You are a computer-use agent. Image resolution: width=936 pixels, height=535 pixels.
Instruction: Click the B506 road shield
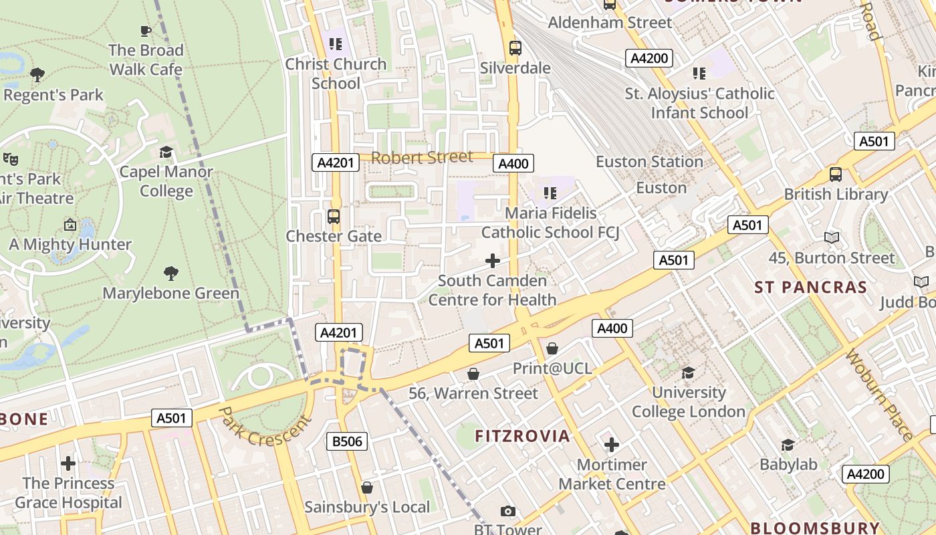point(347,441)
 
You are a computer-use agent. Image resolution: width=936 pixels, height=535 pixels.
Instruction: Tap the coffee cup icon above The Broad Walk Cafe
point(145,31)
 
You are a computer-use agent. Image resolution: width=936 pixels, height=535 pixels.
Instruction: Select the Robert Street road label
point(422,158)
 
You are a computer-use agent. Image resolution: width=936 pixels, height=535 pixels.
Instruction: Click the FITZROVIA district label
point(522,436)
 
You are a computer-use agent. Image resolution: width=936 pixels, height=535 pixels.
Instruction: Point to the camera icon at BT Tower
point(508,512)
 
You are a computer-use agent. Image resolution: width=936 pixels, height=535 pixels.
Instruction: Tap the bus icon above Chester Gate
point(333,217)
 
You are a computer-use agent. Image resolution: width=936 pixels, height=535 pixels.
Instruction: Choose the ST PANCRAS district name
point(810,288)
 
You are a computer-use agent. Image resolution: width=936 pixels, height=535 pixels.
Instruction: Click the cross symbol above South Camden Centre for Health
point(493,261)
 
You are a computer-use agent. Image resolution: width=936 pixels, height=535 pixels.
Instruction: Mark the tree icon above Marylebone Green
point(171,273)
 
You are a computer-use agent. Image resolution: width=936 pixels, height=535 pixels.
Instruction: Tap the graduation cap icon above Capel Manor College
point(166,152)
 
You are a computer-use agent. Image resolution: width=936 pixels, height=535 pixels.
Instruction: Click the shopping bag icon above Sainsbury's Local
point(366,488)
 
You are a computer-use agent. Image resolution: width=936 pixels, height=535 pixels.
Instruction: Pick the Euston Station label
point(649,162)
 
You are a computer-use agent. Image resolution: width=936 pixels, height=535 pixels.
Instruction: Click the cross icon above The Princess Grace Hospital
point(68,463)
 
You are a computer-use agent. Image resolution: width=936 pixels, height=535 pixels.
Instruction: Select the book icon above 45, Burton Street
point(832,237)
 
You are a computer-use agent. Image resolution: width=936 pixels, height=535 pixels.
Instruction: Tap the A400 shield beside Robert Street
point(513,163)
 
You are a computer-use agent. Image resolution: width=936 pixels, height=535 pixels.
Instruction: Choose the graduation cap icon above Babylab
point(788,445)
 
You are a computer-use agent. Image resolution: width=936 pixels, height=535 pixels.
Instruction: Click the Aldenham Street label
point(610,23)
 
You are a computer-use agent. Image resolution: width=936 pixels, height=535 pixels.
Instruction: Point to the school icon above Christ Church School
point(336,44)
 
